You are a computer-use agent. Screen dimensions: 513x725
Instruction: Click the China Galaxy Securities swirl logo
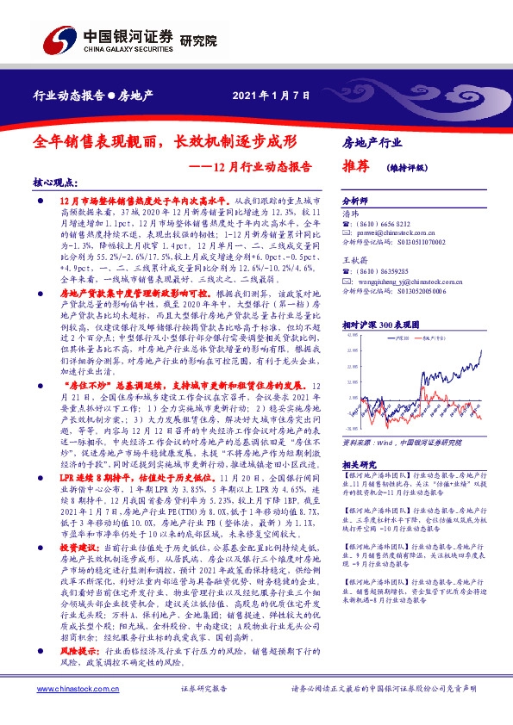coord(62,40)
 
